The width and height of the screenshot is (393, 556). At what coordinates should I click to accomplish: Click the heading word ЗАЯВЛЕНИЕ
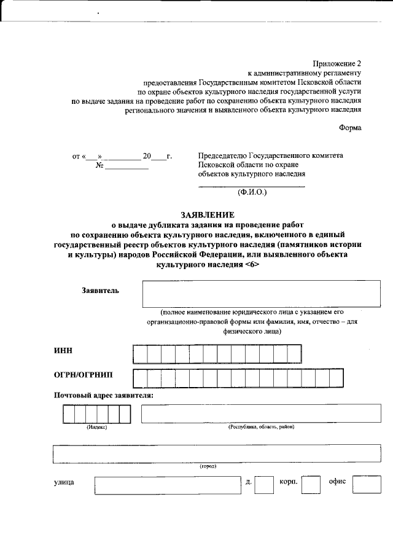click(x=208, y=215)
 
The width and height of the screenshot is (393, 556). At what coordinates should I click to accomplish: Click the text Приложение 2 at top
click(x=337, y=64)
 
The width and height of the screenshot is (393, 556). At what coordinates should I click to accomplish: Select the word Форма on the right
click(x=350, y=128)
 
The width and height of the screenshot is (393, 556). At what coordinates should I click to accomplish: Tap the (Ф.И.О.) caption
click(x=252, y=192)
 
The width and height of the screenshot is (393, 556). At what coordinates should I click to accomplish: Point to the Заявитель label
click(x=101, y=290)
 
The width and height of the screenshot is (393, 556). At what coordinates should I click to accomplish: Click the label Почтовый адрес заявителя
click(x=104, y=395)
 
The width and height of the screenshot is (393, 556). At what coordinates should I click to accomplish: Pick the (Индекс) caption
click(x=96, y=427)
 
